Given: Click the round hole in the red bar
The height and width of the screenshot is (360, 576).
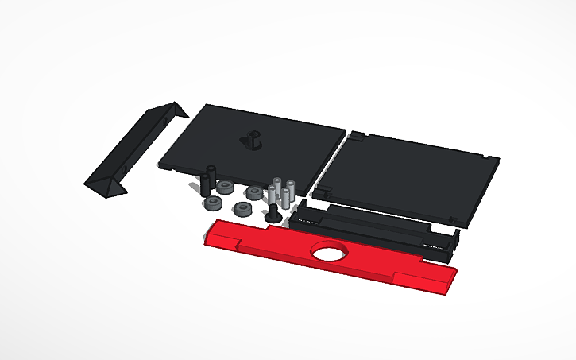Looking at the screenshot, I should click(x=328, y=252).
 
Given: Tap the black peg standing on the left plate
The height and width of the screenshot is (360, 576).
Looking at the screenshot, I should click(x=253, y=141).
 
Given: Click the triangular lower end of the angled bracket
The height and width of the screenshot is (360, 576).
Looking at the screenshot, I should click(x=108, y=188).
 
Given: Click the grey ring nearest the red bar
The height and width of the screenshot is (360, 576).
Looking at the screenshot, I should click(x=242, y=209).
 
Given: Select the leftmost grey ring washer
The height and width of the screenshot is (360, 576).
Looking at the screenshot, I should click(x=213, y=203).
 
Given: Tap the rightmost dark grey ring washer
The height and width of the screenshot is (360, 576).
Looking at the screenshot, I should click(x=253, y=193).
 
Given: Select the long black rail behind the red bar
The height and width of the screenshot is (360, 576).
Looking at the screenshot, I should click(x=373, y=226).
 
